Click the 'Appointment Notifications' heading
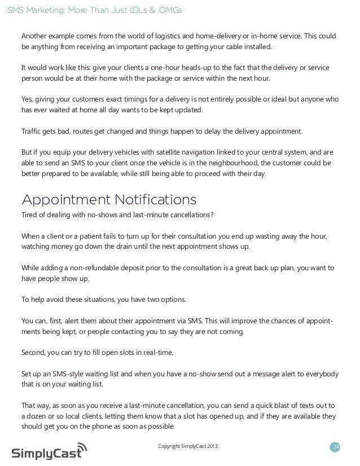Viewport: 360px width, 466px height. (108, 200)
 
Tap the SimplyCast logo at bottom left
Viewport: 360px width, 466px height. (50, 451)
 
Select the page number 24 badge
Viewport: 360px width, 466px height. (336, 448)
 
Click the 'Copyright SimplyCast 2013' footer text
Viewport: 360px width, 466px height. (188, 448)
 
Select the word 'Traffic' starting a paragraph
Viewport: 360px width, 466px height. (32, 131)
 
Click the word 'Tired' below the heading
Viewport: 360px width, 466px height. (30, 216)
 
